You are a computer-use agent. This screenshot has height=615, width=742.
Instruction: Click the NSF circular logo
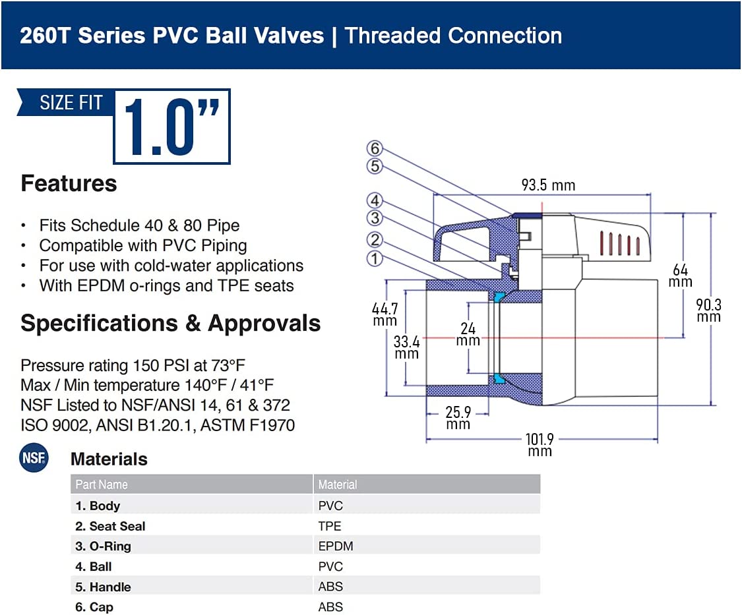pos(34,457)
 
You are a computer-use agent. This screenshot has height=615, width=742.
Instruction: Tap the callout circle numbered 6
pos(375,148)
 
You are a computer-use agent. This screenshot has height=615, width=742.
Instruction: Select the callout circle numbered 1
pos(375,259)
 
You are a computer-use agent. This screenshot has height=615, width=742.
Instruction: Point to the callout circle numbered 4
pos(375,200)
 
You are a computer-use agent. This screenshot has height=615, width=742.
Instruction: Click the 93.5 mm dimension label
pos(548,185)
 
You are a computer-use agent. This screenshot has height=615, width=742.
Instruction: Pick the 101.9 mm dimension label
pos(540,445)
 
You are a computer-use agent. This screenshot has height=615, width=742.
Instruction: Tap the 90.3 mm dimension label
pos(708,310)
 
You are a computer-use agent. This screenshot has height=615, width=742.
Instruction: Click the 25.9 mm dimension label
pos(458,418)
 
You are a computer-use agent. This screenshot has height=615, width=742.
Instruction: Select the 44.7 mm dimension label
pos(385,314)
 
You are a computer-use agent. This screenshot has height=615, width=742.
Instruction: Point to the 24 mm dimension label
pos(468,334)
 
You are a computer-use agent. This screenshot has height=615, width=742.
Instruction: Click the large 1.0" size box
pos(171,127)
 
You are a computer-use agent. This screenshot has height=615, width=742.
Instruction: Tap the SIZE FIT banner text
pos(71,103)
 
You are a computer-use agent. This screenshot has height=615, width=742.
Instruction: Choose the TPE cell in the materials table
pos(329,526)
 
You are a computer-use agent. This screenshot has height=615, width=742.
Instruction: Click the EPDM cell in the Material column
pos(336,546)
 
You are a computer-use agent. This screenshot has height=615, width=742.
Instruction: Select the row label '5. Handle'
pos(103,587)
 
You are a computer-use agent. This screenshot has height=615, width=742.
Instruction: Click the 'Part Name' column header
pos(102,484)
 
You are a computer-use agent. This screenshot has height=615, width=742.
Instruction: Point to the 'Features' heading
pos(69,183)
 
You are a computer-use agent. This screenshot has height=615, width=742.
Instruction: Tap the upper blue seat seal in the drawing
pos(499,297)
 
